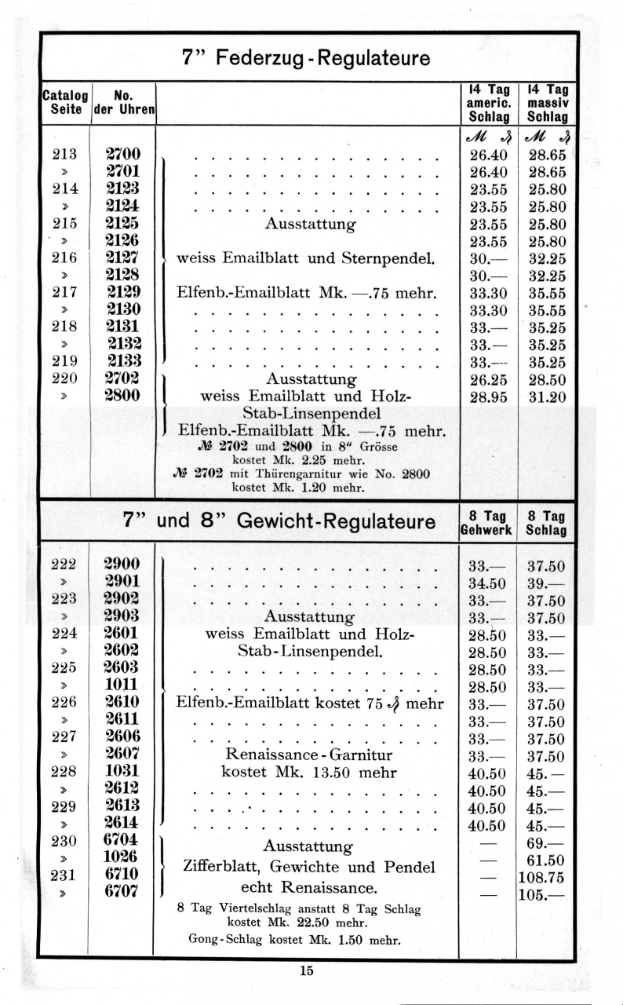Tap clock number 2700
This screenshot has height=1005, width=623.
[122, 155]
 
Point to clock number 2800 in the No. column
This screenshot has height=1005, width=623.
[122, 396]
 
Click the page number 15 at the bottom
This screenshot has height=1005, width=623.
[306, 970]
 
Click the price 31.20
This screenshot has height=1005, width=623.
[547, 397]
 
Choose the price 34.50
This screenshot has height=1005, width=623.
[487, 583]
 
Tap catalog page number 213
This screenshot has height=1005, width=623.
[64, 155]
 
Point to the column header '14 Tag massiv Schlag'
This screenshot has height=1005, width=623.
[547, 103]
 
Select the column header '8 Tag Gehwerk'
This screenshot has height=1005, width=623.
[486, 523]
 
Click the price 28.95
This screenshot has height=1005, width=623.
[487, 397]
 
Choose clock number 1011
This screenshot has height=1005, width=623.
[122, 685]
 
